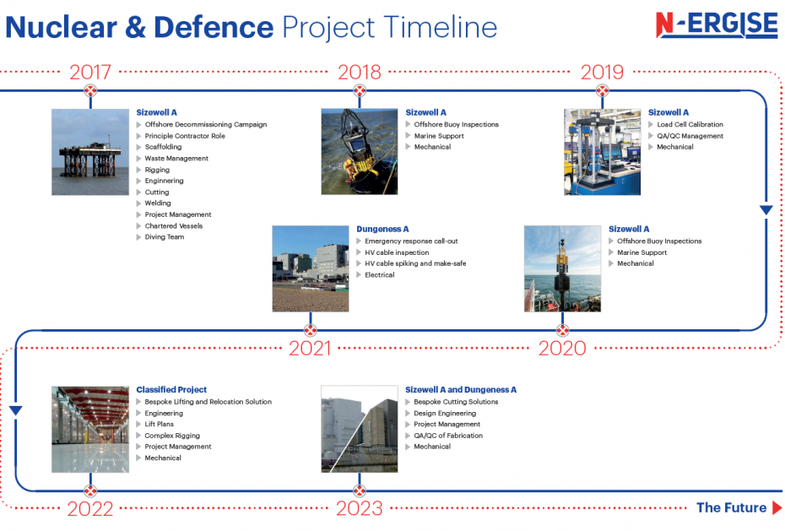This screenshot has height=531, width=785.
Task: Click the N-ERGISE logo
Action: [717, 24]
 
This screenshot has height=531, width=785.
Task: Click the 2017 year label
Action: [90, 72]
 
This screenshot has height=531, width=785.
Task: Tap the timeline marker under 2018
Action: [360, 90]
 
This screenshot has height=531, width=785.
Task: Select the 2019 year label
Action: [603, 72]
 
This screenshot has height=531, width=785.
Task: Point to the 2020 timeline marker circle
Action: [563, 330]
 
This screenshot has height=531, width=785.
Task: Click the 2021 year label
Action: [310, 349]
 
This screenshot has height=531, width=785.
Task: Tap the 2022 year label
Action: [90, 509]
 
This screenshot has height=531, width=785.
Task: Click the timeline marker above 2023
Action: [360, 490]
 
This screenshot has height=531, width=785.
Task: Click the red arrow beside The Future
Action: [777, 507]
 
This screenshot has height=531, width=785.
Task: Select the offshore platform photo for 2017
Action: [90, 152]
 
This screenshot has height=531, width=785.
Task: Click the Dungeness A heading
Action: [382, 229]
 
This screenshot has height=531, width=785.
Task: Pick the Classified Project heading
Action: [171, 389]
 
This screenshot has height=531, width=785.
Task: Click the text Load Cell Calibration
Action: [690, 124]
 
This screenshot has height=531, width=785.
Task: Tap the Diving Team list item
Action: [165, 236]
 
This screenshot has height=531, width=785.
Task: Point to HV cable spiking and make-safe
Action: [415, 263]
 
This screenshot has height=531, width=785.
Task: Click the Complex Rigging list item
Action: [172, 436]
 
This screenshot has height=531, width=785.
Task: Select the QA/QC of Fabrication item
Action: [448, 436]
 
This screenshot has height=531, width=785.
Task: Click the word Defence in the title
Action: [214, 27]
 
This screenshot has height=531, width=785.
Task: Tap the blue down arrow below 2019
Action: [766, 210]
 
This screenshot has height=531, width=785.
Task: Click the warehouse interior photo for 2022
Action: [90, 429]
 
